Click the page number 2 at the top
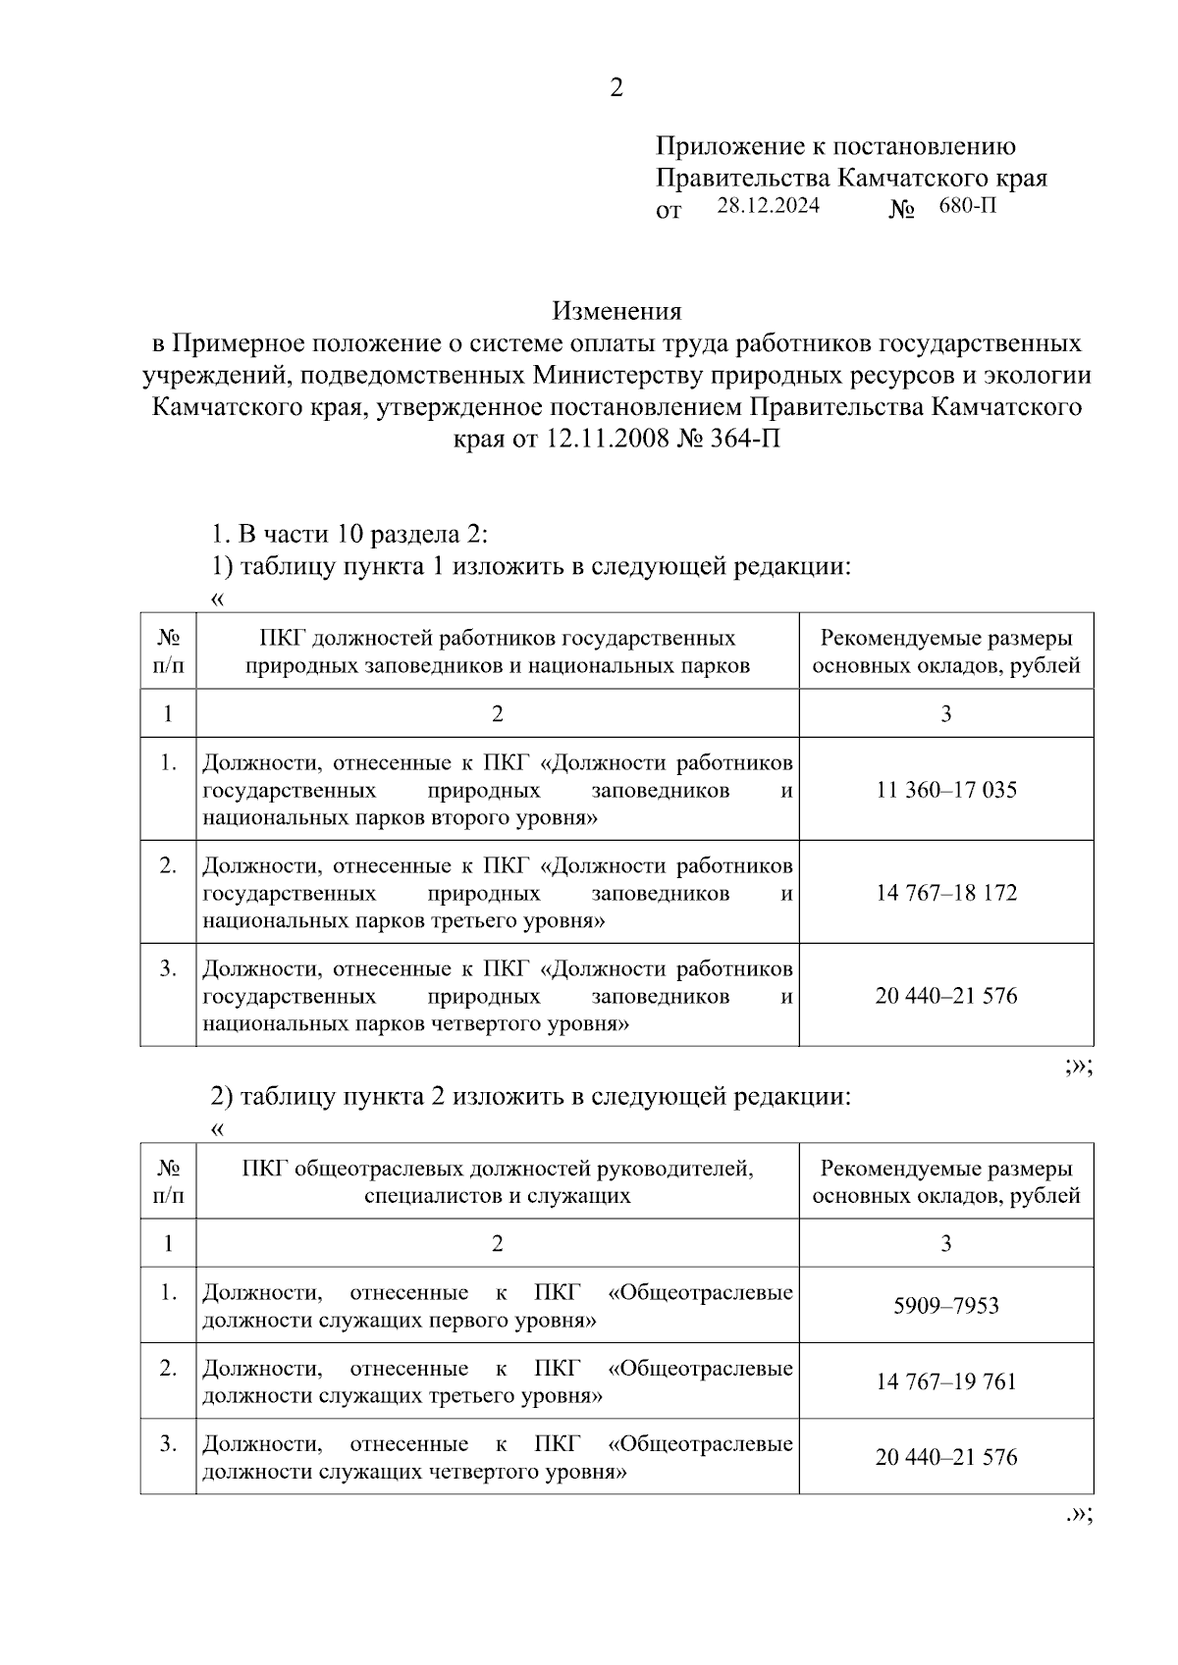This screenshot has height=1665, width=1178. coord(616,88)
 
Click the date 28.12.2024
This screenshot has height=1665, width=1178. coord(768,206)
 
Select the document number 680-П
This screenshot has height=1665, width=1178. coord(966,206)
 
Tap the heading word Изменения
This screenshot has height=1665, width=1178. coord(616,312)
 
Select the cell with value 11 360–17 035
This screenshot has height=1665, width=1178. coord(946,790)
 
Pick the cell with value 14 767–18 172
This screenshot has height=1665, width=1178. coord(946,893)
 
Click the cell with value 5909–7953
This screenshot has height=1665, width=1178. coord(946,1306)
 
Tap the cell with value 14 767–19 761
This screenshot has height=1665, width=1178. coord(946,1381)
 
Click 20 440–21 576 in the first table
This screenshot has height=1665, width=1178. coord(946,996)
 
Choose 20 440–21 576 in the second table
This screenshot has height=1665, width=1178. coord(946,1457)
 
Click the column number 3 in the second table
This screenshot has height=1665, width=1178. coord(946,1244)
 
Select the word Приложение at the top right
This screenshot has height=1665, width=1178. coord(728,147)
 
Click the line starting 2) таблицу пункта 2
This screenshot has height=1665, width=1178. coord(530,1097)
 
